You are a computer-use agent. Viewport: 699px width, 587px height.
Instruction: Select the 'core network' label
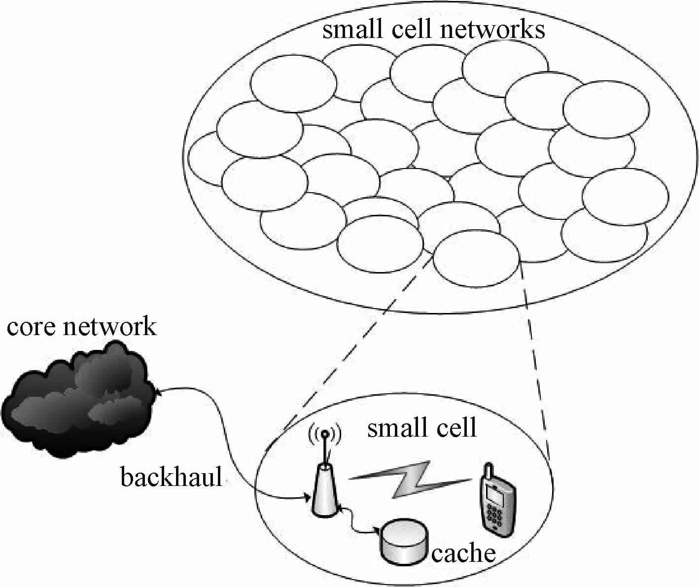tap(81, 326)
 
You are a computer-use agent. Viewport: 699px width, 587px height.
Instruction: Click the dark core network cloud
tap(76, 399)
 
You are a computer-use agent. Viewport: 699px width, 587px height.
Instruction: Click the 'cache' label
tap(463, 553)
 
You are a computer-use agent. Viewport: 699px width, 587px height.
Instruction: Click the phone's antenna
tap(488, 471)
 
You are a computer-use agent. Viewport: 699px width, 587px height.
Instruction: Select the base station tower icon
tap(325, 488)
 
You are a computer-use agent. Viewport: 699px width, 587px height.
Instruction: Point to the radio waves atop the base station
tap(325, 434)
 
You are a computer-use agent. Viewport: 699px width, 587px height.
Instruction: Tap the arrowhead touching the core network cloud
tap(158, 391)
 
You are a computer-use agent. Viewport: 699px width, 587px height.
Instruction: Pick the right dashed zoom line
tap(535, 360)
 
